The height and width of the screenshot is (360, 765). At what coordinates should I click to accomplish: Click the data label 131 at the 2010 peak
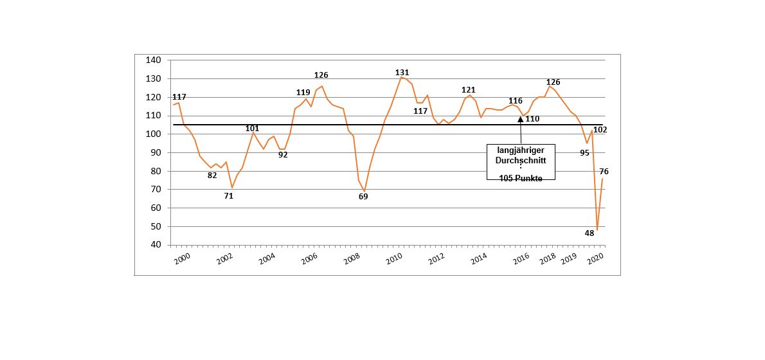click(402, 73)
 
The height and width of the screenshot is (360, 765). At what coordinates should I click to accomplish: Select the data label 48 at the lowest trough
click(589, 233)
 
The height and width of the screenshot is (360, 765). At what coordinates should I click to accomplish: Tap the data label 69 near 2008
click(363, 196)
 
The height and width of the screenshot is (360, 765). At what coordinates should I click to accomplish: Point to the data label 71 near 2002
click(228, 196)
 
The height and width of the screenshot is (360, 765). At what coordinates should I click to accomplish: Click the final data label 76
click(604, 172)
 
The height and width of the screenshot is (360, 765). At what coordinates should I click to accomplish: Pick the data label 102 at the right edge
click(600, 130)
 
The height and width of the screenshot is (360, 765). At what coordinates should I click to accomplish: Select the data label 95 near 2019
click(584, 153)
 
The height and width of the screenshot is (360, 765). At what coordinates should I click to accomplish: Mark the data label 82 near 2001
click(212, 175)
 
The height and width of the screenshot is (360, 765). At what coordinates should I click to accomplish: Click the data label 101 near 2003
click(252, 129)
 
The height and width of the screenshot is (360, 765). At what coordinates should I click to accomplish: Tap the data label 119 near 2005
click(303, 93)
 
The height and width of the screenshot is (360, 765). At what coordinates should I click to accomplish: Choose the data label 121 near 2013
click(468, 90)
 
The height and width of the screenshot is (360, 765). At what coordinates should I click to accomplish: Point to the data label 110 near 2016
click(532, 119)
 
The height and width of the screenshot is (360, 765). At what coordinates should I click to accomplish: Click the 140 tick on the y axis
click(153, 60)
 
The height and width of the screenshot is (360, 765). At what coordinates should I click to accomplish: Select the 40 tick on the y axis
click(155, 245)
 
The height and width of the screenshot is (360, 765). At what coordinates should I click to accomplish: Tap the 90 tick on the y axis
click(155, 153)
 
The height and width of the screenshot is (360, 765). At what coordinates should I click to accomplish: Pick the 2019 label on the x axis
click(568, 259)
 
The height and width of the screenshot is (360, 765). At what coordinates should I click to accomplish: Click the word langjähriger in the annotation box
click(521, 150)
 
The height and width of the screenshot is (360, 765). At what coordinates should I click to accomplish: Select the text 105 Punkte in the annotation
click(521, 178)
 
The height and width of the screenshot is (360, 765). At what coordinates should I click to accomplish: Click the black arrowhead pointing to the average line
click(520, 120)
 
